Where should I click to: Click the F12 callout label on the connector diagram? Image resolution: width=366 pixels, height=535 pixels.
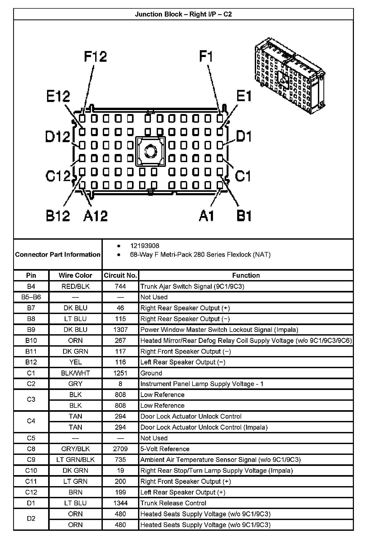click(95, 57)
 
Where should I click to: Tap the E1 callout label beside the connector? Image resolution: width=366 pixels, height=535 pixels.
click(244, 96)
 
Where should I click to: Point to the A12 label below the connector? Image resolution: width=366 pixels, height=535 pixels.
click(95, 216)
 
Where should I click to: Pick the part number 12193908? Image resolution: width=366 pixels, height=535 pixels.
click(145, 246)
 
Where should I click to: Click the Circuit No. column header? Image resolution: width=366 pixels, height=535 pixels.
click(120, 275)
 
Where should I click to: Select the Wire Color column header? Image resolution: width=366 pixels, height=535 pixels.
click(75, 275)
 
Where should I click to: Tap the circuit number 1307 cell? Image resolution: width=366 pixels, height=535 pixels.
click(120, 330)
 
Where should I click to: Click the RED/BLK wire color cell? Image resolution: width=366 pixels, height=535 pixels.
click(75, 286)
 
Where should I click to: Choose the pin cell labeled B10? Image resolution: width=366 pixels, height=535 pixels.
click(31, 341)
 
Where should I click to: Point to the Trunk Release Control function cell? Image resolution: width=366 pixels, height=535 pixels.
click(173, 503)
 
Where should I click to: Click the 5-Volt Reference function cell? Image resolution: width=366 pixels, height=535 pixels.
click(165, 449)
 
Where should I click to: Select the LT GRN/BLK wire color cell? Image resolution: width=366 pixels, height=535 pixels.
click(75, 460)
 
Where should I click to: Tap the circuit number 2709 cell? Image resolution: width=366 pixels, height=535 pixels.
click(120, 449)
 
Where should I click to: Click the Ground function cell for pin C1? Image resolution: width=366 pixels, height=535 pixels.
click(151, 373)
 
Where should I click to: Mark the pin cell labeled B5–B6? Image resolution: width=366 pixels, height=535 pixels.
click(31, 297)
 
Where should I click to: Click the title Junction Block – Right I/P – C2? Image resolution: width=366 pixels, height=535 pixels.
click(183, 14)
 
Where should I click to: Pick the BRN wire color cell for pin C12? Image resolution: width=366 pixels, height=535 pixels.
click(75, 492)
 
